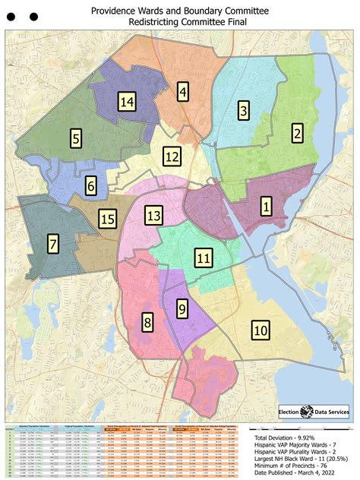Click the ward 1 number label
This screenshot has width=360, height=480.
click(266, 206)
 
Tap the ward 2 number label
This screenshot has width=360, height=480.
click(298, 134)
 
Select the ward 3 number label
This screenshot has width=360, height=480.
click(243, 111)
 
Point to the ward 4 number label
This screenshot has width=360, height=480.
click(183, 92)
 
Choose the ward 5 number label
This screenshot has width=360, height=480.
click(76, 138)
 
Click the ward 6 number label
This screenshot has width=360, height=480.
click(90, 185)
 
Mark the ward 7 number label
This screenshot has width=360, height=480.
click(52, 244)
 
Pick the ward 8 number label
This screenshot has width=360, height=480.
click(147, 323)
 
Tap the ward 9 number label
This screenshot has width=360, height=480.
click(182, 308)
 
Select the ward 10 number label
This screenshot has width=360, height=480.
click(261, 330)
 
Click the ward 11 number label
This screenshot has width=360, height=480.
click(203, 258)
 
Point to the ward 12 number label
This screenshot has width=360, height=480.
click(172, 157)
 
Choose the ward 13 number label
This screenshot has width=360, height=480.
click(154, 216)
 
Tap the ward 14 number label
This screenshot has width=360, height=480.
click(127, 102)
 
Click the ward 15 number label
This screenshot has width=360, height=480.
click(108, 219)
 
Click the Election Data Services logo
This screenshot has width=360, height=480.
click(308, 411)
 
